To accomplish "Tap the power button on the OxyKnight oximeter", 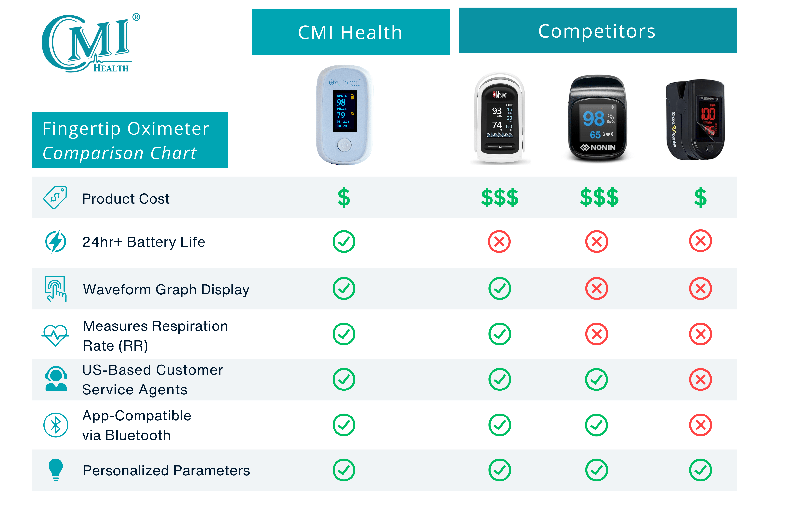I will [x=344, y=145].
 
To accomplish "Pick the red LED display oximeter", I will [x=695, y=119].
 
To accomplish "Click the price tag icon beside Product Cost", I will [x=55, y=198].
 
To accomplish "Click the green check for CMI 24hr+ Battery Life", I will [x=344, y=242].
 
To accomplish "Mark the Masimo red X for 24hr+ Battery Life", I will [x=499, y=242].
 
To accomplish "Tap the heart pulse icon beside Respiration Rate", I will [x=55, y=335].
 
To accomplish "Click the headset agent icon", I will [x=56, y=379].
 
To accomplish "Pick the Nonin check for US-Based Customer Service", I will [x=596, y=379].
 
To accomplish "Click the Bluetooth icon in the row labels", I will [x=56, y=425].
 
